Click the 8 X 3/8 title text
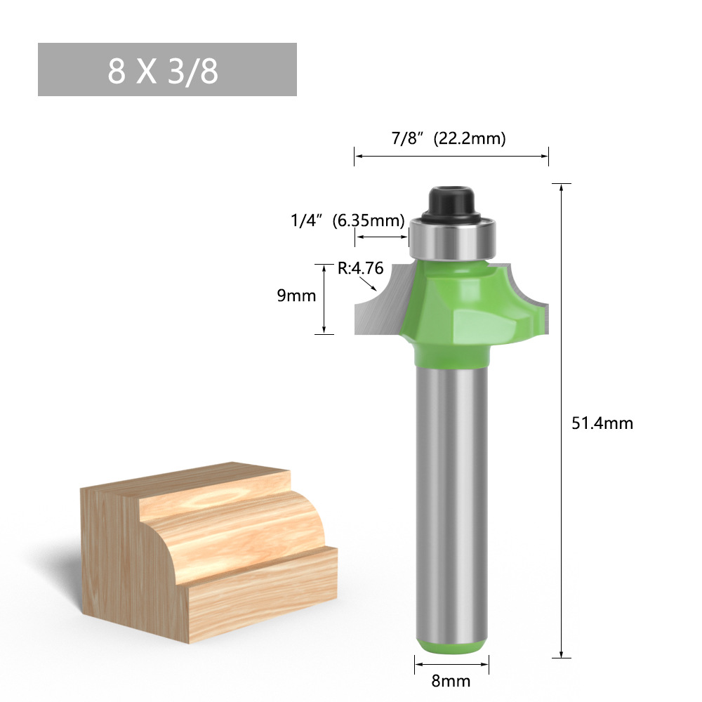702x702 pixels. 163,71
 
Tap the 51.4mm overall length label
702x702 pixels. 602,423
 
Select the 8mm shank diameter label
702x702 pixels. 451,681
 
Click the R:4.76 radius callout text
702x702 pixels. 360,267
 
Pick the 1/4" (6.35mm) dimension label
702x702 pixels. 347,220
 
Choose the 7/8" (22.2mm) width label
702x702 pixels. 449,138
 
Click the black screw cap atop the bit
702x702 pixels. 451,200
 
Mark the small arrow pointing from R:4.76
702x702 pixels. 366,284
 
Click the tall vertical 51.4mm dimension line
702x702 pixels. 562,421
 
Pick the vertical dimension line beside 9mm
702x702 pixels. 324,298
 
